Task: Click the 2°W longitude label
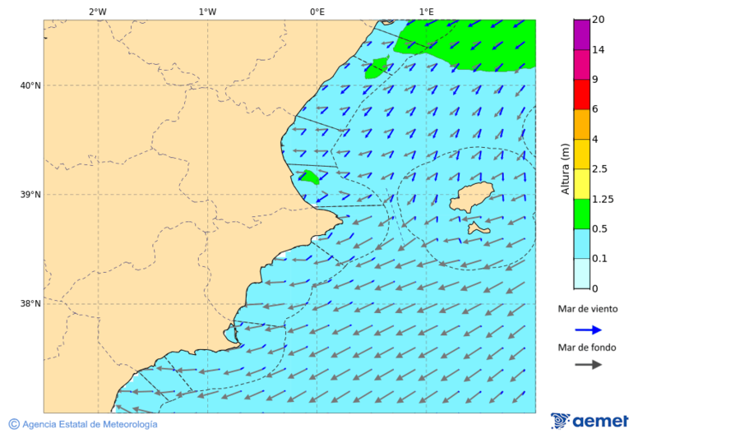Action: click(x=97, y=12)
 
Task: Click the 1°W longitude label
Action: click(x=207, y=12)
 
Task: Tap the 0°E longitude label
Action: click(x=317, y=12)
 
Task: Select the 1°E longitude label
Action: click(x=426, y=12)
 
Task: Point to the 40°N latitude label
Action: click(x=30, y=85)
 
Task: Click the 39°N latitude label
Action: click(x=30, y=195)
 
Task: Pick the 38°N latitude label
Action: click(x=30, y=303)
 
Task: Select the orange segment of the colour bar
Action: click(x=581, y=124)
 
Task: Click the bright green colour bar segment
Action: click(x=581, y=214)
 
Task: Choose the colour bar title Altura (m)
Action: click(x=565, y=168)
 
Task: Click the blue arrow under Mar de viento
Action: click(x=588, y=330)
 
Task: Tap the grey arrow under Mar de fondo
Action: click(x=588, y=364)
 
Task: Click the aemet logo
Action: click(x=590, y=421)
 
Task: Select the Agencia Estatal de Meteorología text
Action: click(x=89, y=424)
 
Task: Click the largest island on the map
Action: click(x=471, y=197)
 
